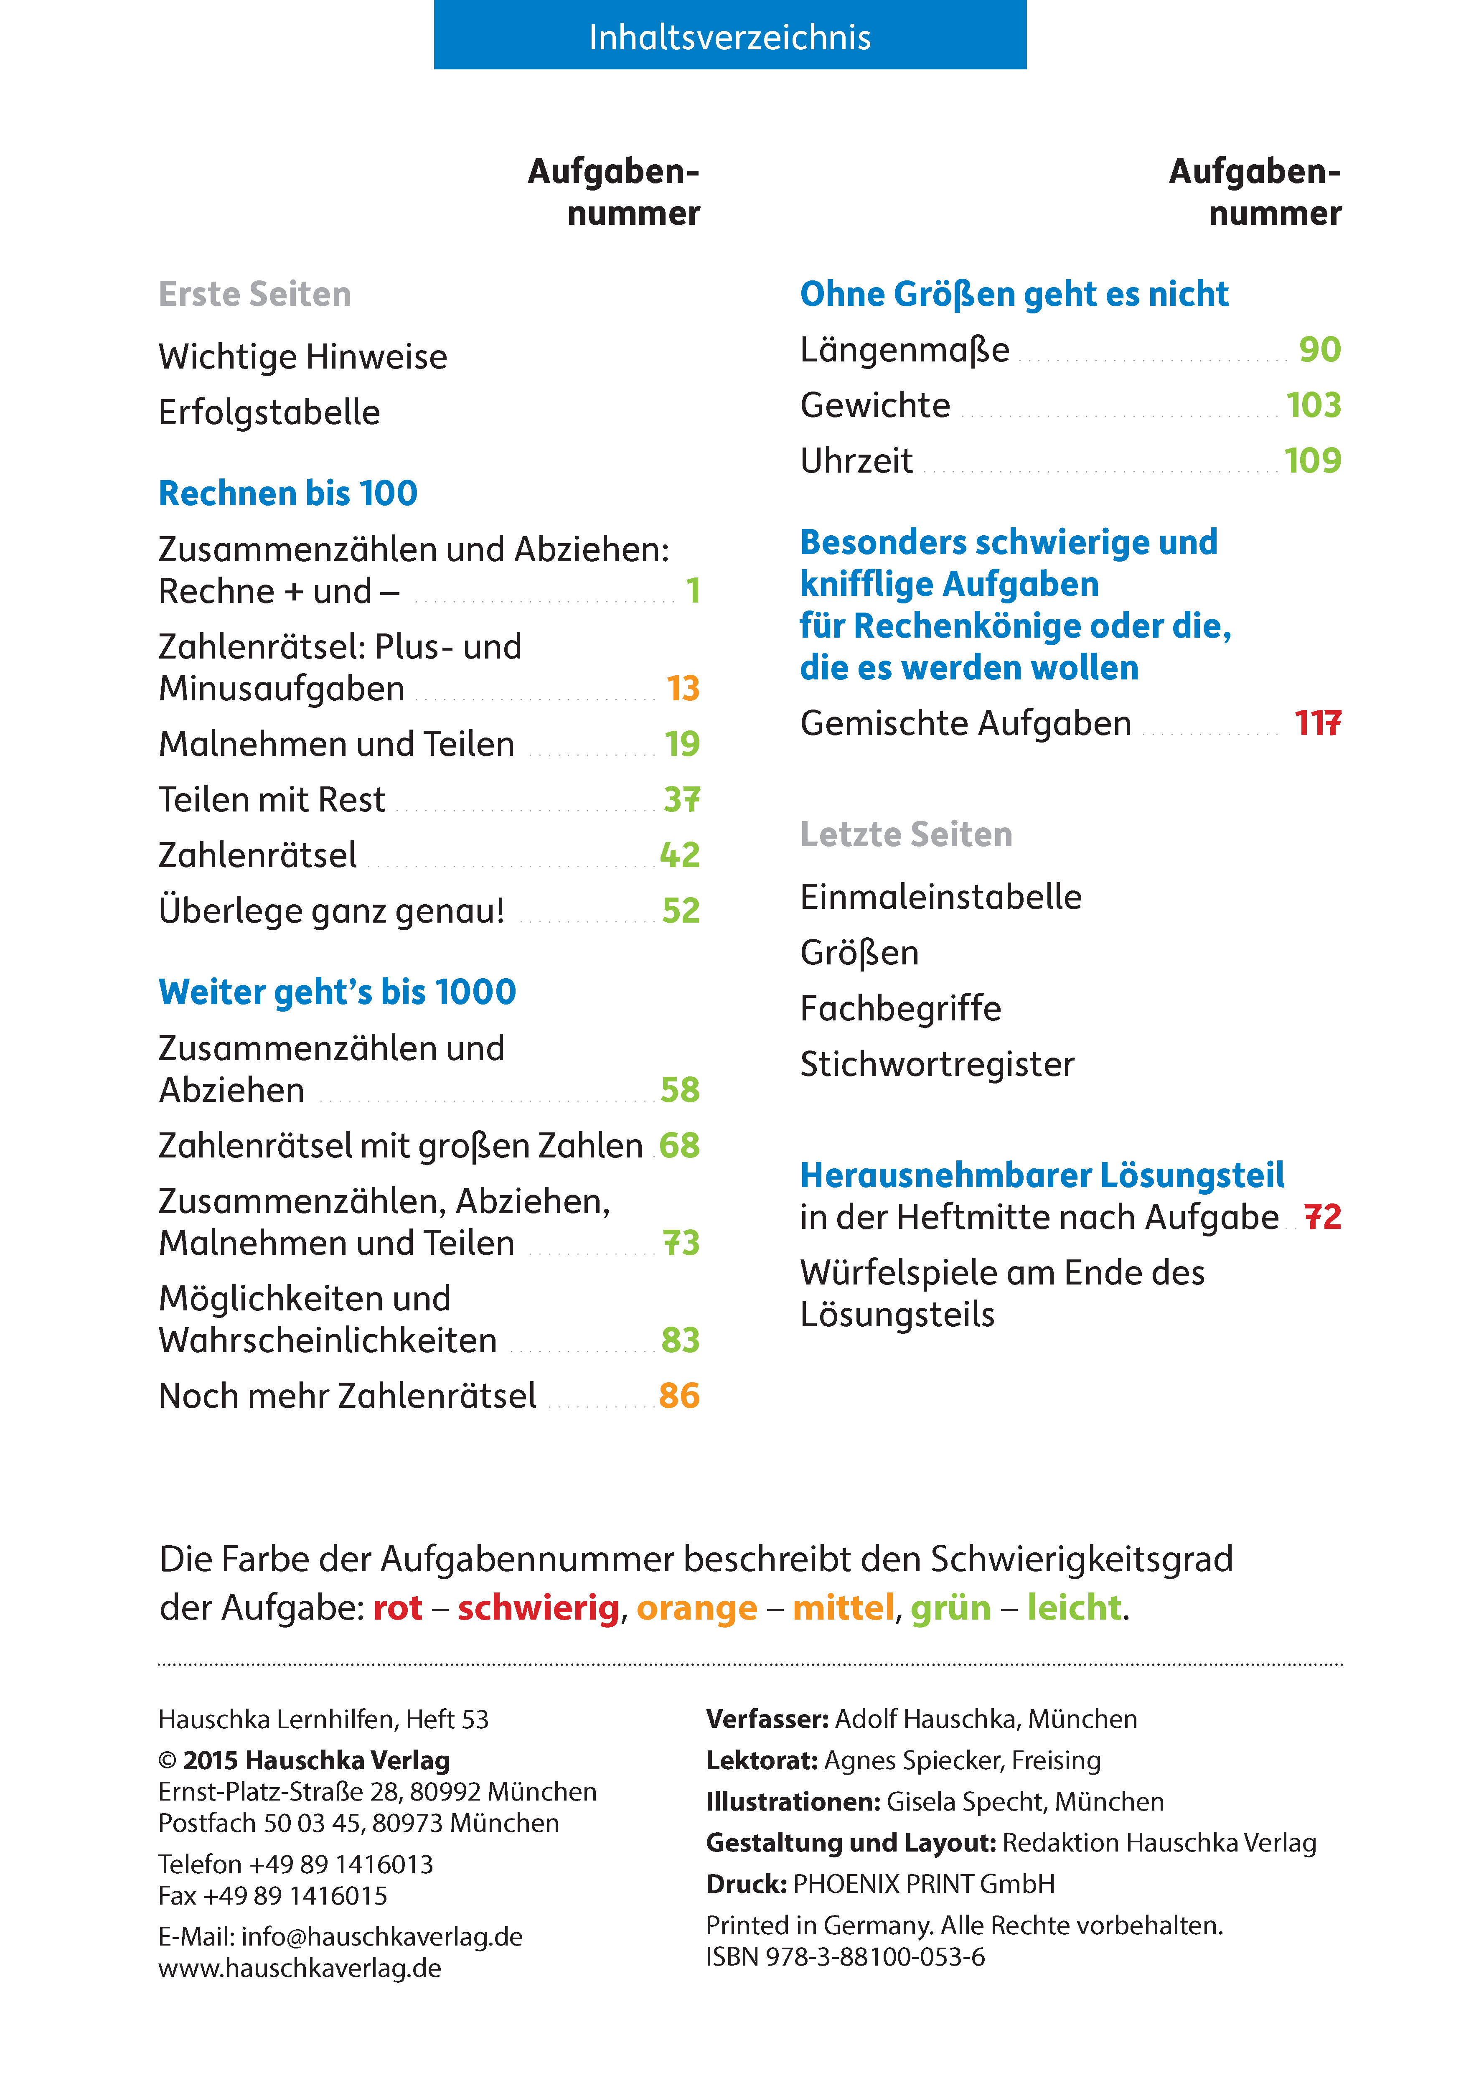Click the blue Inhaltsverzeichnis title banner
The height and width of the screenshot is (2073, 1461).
(x=729, y=36)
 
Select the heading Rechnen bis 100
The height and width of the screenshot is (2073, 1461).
(x=288, y=493)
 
